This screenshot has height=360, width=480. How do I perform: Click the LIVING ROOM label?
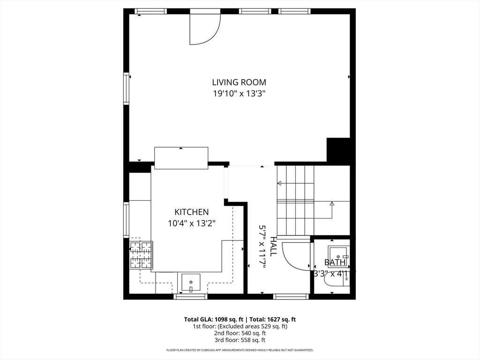(239, 82)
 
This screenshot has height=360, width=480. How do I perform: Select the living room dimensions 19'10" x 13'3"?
(239, 93)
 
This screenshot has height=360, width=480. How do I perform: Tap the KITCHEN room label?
(191, 212)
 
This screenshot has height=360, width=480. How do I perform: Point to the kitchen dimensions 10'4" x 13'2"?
(191, 223)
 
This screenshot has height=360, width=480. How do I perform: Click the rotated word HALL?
(273, 246)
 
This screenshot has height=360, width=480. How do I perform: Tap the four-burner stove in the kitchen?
(141, 255)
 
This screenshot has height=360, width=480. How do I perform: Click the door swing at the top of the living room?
(204, 28)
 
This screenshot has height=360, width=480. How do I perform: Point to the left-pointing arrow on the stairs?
(279, 183)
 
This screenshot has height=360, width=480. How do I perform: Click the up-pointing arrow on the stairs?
(332, 203)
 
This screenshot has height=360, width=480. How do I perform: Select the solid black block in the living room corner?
(338, 150)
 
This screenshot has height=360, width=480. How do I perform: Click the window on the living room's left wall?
(126, 88)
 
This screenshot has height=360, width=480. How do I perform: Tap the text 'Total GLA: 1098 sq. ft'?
(210, 319)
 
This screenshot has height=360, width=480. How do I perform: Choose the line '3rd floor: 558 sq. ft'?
(240, 340)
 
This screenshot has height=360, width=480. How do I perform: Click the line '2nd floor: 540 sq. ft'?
(240, 333)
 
